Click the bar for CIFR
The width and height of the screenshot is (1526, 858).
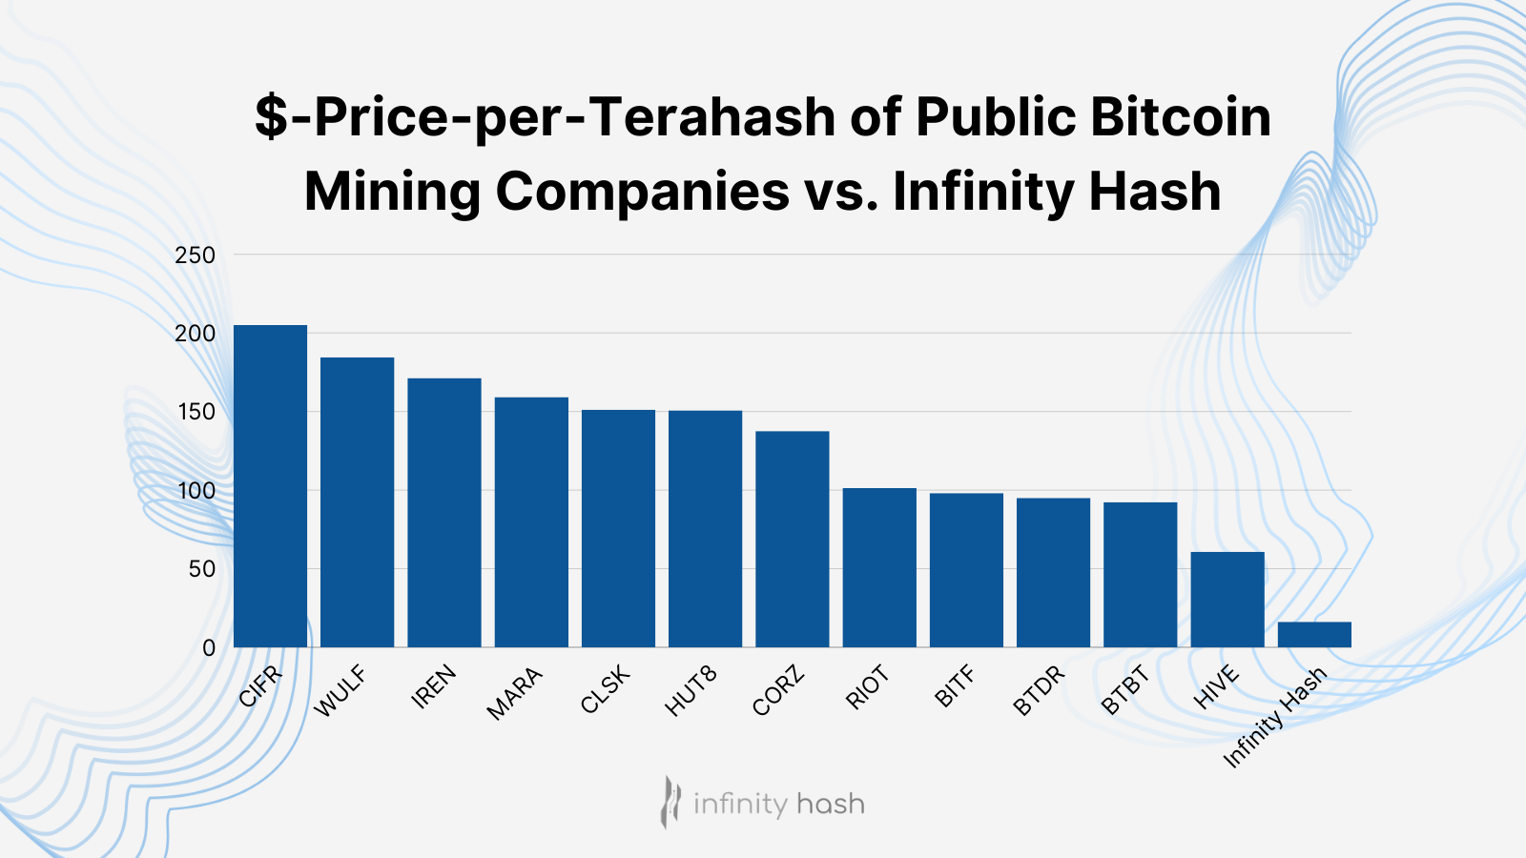[270, 486]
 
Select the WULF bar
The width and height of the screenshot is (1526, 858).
[357, 502]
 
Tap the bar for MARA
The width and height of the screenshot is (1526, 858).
[531, 522]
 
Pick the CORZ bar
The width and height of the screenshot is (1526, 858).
[793, 540]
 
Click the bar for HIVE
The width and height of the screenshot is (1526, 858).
[1227, 600]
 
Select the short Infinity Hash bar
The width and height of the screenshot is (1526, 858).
[1314, 635]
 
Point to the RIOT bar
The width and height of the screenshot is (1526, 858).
[879, 568]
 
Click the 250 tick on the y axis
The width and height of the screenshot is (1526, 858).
[195, 255]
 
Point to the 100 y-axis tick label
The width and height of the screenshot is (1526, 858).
[195, 491]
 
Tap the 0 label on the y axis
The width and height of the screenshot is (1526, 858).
[209, 648]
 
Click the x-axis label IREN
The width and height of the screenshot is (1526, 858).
[434, 686]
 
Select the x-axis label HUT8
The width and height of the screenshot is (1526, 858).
[691, 692]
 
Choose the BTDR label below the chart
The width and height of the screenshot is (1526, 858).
[1039, 692]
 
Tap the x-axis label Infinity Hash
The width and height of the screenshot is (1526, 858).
[1275, 717]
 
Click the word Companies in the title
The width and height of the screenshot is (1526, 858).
[642, 191]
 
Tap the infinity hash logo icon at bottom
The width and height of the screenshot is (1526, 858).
[671, 802]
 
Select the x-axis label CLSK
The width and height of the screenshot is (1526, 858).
[606, 690]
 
